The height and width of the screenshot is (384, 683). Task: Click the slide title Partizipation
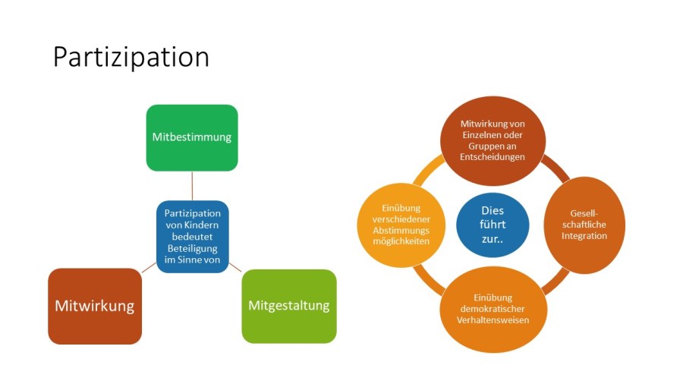[x=131, y=58]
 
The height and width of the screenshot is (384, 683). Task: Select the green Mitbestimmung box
[x=192, y=137]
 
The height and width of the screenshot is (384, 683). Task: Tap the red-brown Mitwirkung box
[x=95, y=306]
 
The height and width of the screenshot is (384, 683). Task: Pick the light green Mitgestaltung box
[x=289, y=306]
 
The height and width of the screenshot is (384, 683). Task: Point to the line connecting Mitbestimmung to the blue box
[x=192, y=185]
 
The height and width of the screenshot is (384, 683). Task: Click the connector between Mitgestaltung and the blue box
[x=235, y=268]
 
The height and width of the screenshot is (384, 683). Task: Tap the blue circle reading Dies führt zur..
[x=493, y=225]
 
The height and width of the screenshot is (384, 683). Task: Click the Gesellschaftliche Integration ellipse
[x=584, y=225]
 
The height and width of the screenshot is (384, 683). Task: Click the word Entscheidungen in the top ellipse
[x=493, y=156]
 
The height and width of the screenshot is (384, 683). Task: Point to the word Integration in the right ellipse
[x=584, y=236]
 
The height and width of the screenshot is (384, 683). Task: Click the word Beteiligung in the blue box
[x=192, y=248]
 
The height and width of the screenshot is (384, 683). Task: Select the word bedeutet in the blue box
[x=192, y=237]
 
